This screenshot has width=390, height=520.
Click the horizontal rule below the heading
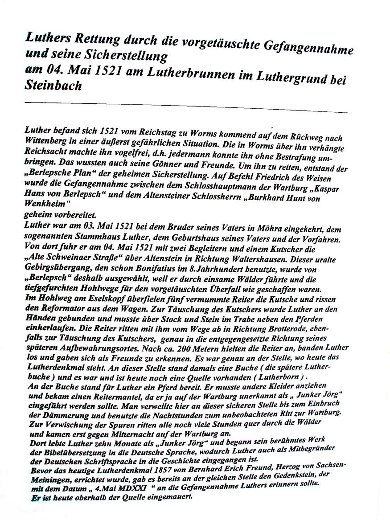click(x=187, y=107)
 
